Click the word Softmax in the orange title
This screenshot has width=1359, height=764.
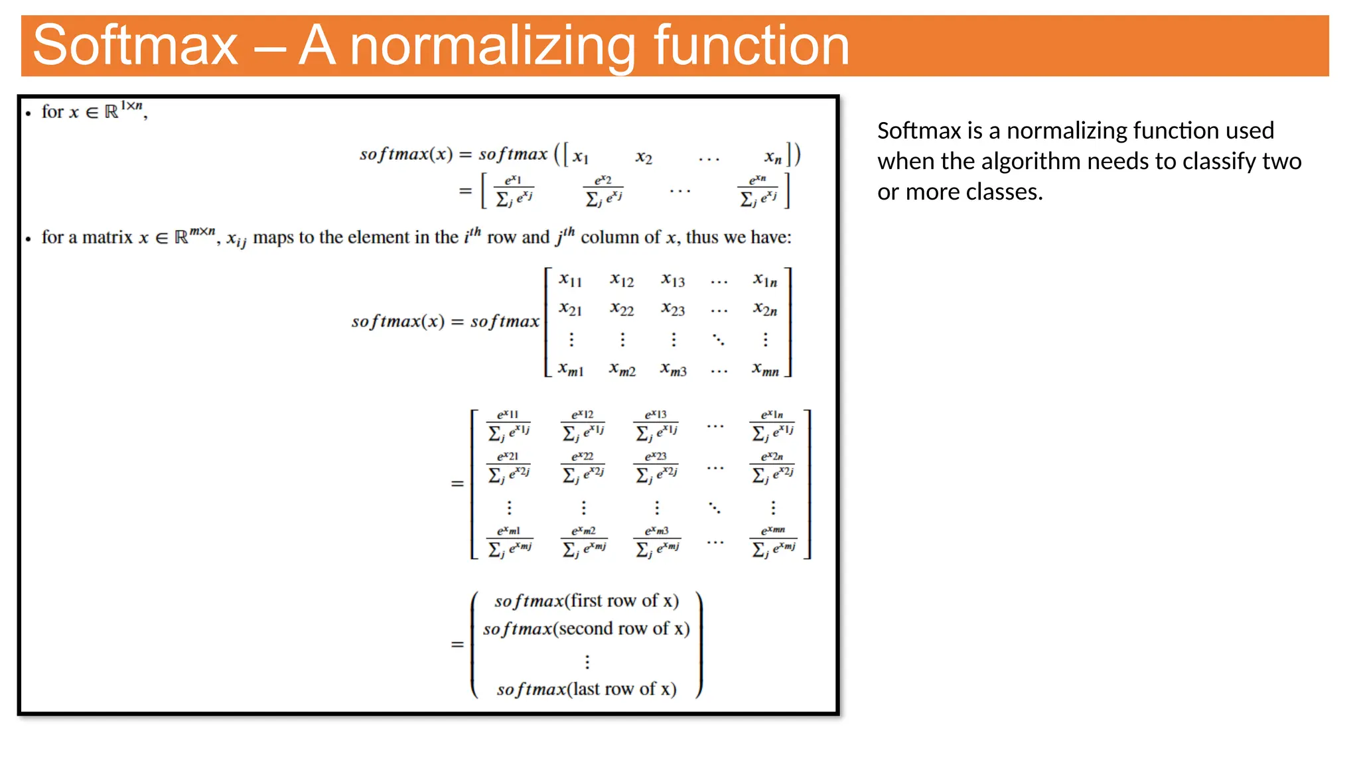pos(135,45)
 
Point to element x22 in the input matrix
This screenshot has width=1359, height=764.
pos(622,309)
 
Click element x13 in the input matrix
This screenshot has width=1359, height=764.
pos(673,280)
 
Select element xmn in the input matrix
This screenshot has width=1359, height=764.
pos(765,370)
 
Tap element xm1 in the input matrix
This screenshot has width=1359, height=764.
pos(571,369)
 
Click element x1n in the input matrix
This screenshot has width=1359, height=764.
pos(765,280)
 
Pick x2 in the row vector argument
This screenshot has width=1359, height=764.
pos(644,157)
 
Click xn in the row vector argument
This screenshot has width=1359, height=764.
pos(772,157)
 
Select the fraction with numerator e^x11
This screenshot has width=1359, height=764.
pos(509,425)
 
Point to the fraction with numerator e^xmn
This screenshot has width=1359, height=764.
pos(773,541)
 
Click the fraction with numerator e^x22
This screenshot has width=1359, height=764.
pos(583,467)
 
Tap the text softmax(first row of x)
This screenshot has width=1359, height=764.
pos(587,601)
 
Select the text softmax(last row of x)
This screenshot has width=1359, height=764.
pos(587,689)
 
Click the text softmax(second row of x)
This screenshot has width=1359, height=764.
pos(587,629)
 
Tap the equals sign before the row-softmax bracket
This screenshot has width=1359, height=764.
pos(457,645)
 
